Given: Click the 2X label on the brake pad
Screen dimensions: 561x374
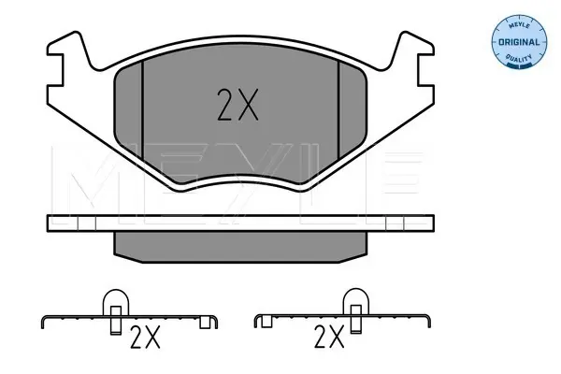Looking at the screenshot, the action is point(237,105).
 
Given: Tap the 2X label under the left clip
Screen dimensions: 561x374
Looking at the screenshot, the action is point(145,338).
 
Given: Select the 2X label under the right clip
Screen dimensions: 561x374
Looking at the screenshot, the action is point(329,337).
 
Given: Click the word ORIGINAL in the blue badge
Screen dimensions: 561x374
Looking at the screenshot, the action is point(519,42).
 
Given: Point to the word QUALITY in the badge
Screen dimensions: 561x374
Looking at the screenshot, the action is point(519,58).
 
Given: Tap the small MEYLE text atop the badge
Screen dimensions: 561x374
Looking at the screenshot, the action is point(519,25).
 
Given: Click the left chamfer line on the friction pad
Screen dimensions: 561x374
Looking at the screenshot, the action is point(142,110).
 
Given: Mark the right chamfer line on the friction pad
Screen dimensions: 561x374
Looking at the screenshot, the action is point(338,110).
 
